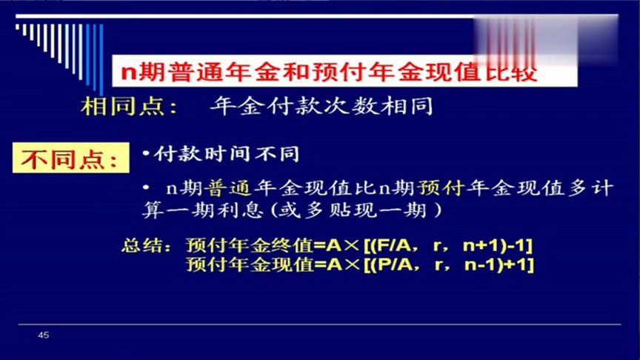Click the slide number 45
pyautogui.click(x=43, y=336)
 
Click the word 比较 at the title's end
pyautogui.click(x=507, y=72)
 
